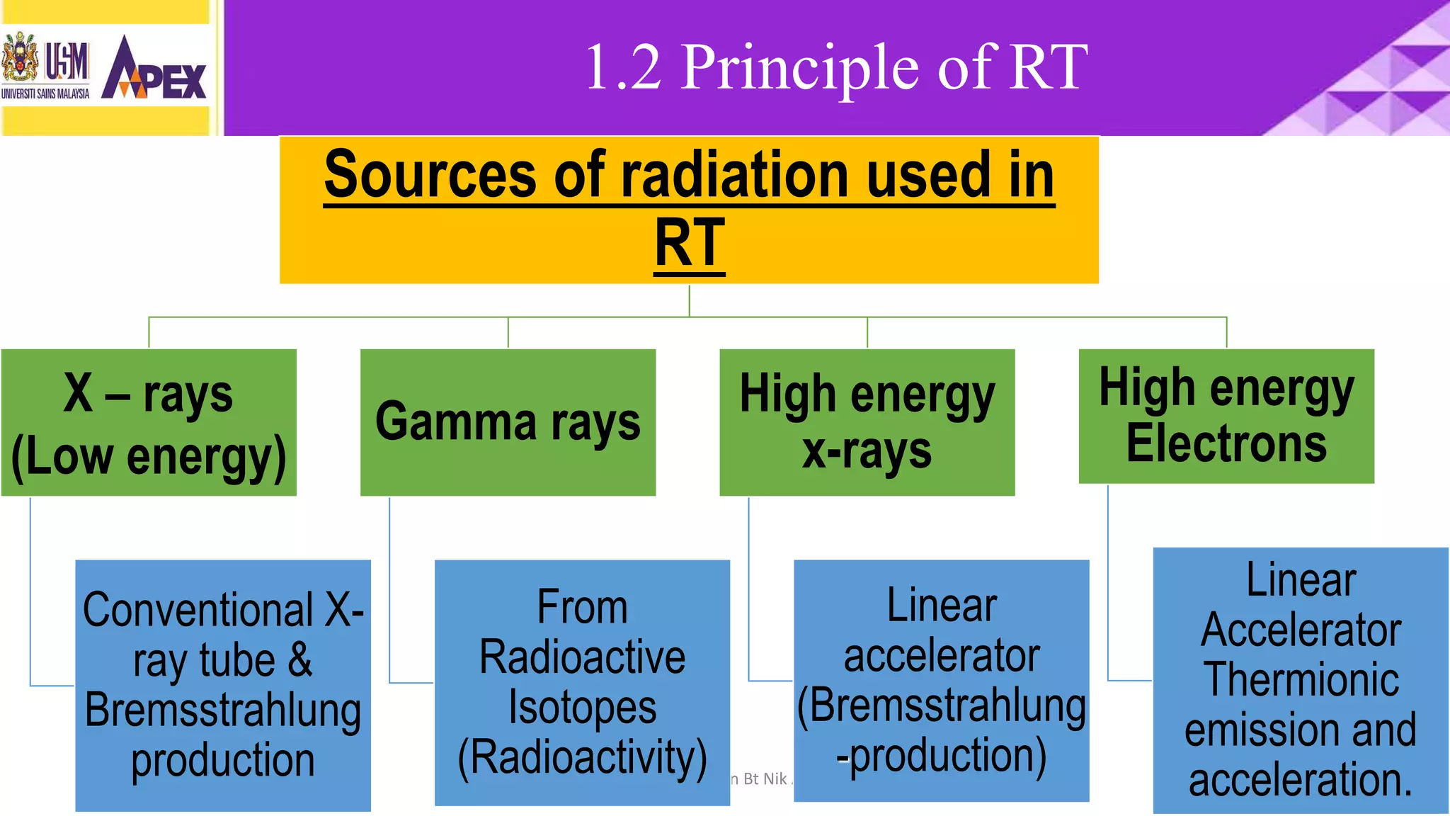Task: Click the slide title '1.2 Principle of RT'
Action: [836, 67]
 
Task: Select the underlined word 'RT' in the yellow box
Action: [690, 243]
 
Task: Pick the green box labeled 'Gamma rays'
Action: [508, 422]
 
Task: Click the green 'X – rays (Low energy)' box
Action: [149, 423]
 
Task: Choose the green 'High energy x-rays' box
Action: [867, 423]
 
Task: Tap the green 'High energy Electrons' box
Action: [1226, 416]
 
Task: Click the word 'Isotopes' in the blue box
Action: [582, 708]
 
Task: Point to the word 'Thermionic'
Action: [1301, 679]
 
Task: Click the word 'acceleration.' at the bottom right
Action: [1301, 780]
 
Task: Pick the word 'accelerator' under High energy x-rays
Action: [942, 655]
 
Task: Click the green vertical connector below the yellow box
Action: [689, 300]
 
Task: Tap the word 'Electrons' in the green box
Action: [1226, 444]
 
